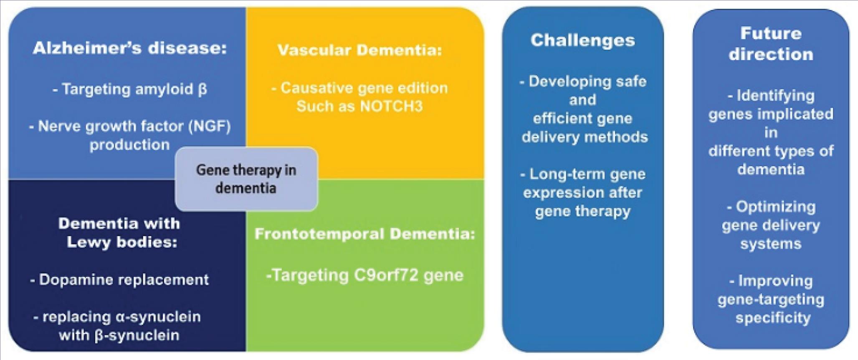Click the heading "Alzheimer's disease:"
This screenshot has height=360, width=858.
pyautogui.click(x=130, y=48)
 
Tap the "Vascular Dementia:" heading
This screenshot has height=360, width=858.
pyautogui.click(x=359, y=50)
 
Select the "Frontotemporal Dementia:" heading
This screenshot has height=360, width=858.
pyautogui.click(x=364, y=234)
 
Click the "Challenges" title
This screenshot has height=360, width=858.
pyautogui.click(x=582, y=40)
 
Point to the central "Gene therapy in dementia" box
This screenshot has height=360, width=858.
pyautogui.click(x=246, y=179)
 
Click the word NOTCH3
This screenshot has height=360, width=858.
pyautogui.click(x=391, y=106)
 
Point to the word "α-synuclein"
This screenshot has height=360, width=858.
pyautogui.click(x=158, y=317)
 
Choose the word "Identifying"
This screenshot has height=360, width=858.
pyautogui.click(x=775, y=96)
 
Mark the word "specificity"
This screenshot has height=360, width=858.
pyautogui.click(x=773, y=318)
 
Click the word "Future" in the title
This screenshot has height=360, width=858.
pyautogui.click(x=771, y=33)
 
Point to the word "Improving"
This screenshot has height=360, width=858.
pyautogui.click(x=775, y=281)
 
